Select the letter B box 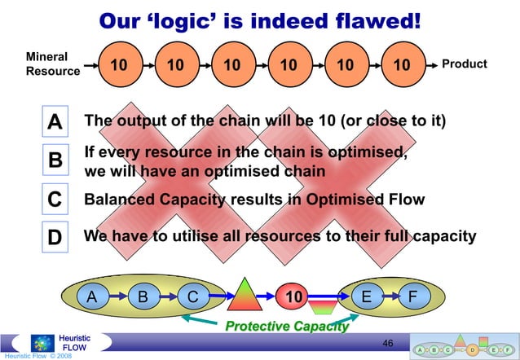click(55, 160)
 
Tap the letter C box click(55, 200)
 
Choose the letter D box click(55, 238)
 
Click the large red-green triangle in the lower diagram click(242, 296)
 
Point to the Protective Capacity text click(286, 327)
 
